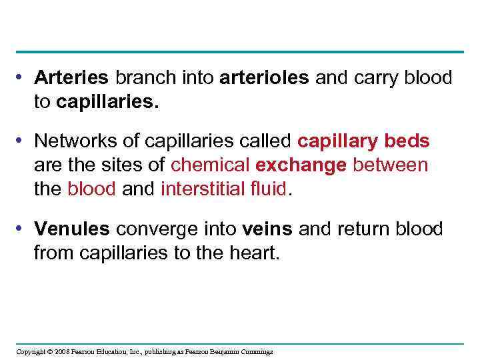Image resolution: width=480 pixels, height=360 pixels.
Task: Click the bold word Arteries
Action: (x=71, y=78)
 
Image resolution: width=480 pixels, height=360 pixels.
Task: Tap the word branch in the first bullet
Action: (x=144, y=78)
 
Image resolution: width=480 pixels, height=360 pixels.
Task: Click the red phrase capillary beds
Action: (x=363, y=141)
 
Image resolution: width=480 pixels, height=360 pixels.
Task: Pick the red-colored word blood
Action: (x=91, y=188)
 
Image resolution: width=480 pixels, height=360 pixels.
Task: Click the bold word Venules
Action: (x=72, y=229)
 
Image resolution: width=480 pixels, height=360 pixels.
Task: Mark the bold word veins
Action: (x=267, y=229)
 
